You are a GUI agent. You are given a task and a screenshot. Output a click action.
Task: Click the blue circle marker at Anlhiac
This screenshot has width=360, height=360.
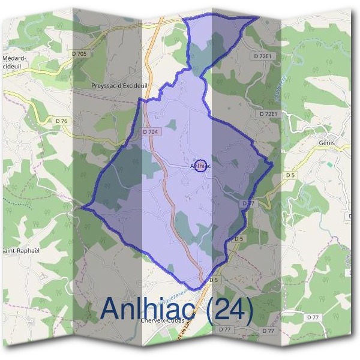click(x=202, y=166)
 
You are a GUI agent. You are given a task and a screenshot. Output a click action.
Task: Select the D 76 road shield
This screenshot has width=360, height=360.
click(x=62, y=121)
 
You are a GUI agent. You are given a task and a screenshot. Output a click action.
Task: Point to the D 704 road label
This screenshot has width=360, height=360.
click(x=150, y=131)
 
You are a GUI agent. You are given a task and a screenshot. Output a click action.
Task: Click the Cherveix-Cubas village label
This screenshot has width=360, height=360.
click(x=161, y=320)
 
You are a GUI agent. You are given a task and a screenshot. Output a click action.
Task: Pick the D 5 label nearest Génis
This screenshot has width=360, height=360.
click(x=290, y=175)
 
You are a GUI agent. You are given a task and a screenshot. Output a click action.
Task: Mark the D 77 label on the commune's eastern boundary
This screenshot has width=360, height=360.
click(x=248, y=203)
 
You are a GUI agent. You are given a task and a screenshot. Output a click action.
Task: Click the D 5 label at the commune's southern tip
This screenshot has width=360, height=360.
click(x=213, y=280)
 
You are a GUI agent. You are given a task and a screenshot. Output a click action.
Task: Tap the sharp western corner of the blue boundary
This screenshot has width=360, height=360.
click(x=82, y=209)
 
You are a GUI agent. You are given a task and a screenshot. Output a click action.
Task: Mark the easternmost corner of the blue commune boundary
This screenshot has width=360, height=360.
click(x=273, y=163)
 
